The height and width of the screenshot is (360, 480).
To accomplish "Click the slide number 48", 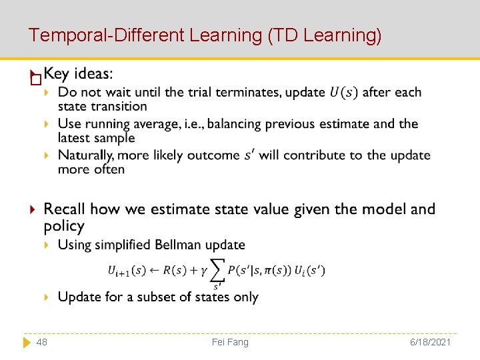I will coord(41,342).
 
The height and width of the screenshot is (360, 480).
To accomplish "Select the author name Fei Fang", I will coord(230,342).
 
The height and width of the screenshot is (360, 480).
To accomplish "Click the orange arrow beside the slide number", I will coord(26,342).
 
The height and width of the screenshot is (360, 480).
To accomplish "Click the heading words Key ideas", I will coord(78,73).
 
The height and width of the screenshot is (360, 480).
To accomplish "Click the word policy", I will coord(64,226).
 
